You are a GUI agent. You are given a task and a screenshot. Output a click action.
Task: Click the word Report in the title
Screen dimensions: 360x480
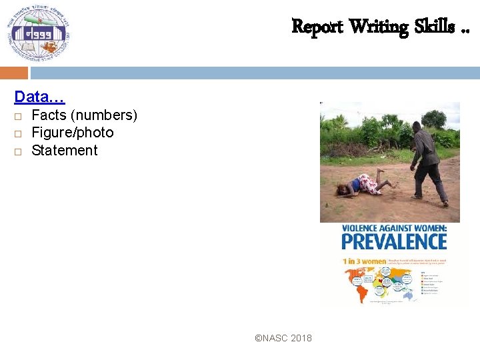click(x=317, y=27)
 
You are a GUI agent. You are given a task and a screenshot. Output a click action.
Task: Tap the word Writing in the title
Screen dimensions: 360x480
click(x=379, y=27)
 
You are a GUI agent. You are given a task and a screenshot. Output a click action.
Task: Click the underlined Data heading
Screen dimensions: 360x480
click(x=39, y=97)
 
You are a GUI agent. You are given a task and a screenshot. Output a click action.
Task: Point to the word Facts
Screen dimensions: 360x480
click(x=49, y=115)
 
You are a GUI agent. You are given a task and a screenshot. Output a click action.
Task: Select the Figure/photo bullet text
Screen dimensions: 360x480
click(x=73, y=133)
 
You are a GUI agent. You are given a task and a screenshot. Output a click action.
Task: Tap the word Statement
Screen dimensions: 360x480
click(x=65, y=151)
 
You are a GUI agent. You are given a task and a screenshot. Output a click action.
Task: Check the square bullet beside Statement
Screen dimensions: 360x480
click(x=18, y=151)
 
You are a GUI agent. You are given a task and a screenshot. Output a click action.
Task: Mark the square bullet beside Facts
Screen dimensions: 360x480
click(x=18, y=116)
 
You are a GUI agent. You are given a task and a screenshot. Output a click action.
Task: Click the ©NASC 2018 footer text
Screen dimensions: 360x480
click(x=283, y=339)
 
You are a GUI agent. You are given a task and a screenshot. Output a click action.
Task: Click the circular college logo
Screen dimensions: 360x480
click(x=39, y=33)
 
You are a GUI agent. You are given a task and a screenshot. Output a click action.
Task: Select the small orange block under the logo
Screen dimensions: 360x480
click(x=14, y=73)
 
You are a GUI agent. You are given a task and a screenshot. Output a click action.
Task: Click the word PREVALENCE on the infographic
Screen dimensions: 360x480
click(x=394, y=241)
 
